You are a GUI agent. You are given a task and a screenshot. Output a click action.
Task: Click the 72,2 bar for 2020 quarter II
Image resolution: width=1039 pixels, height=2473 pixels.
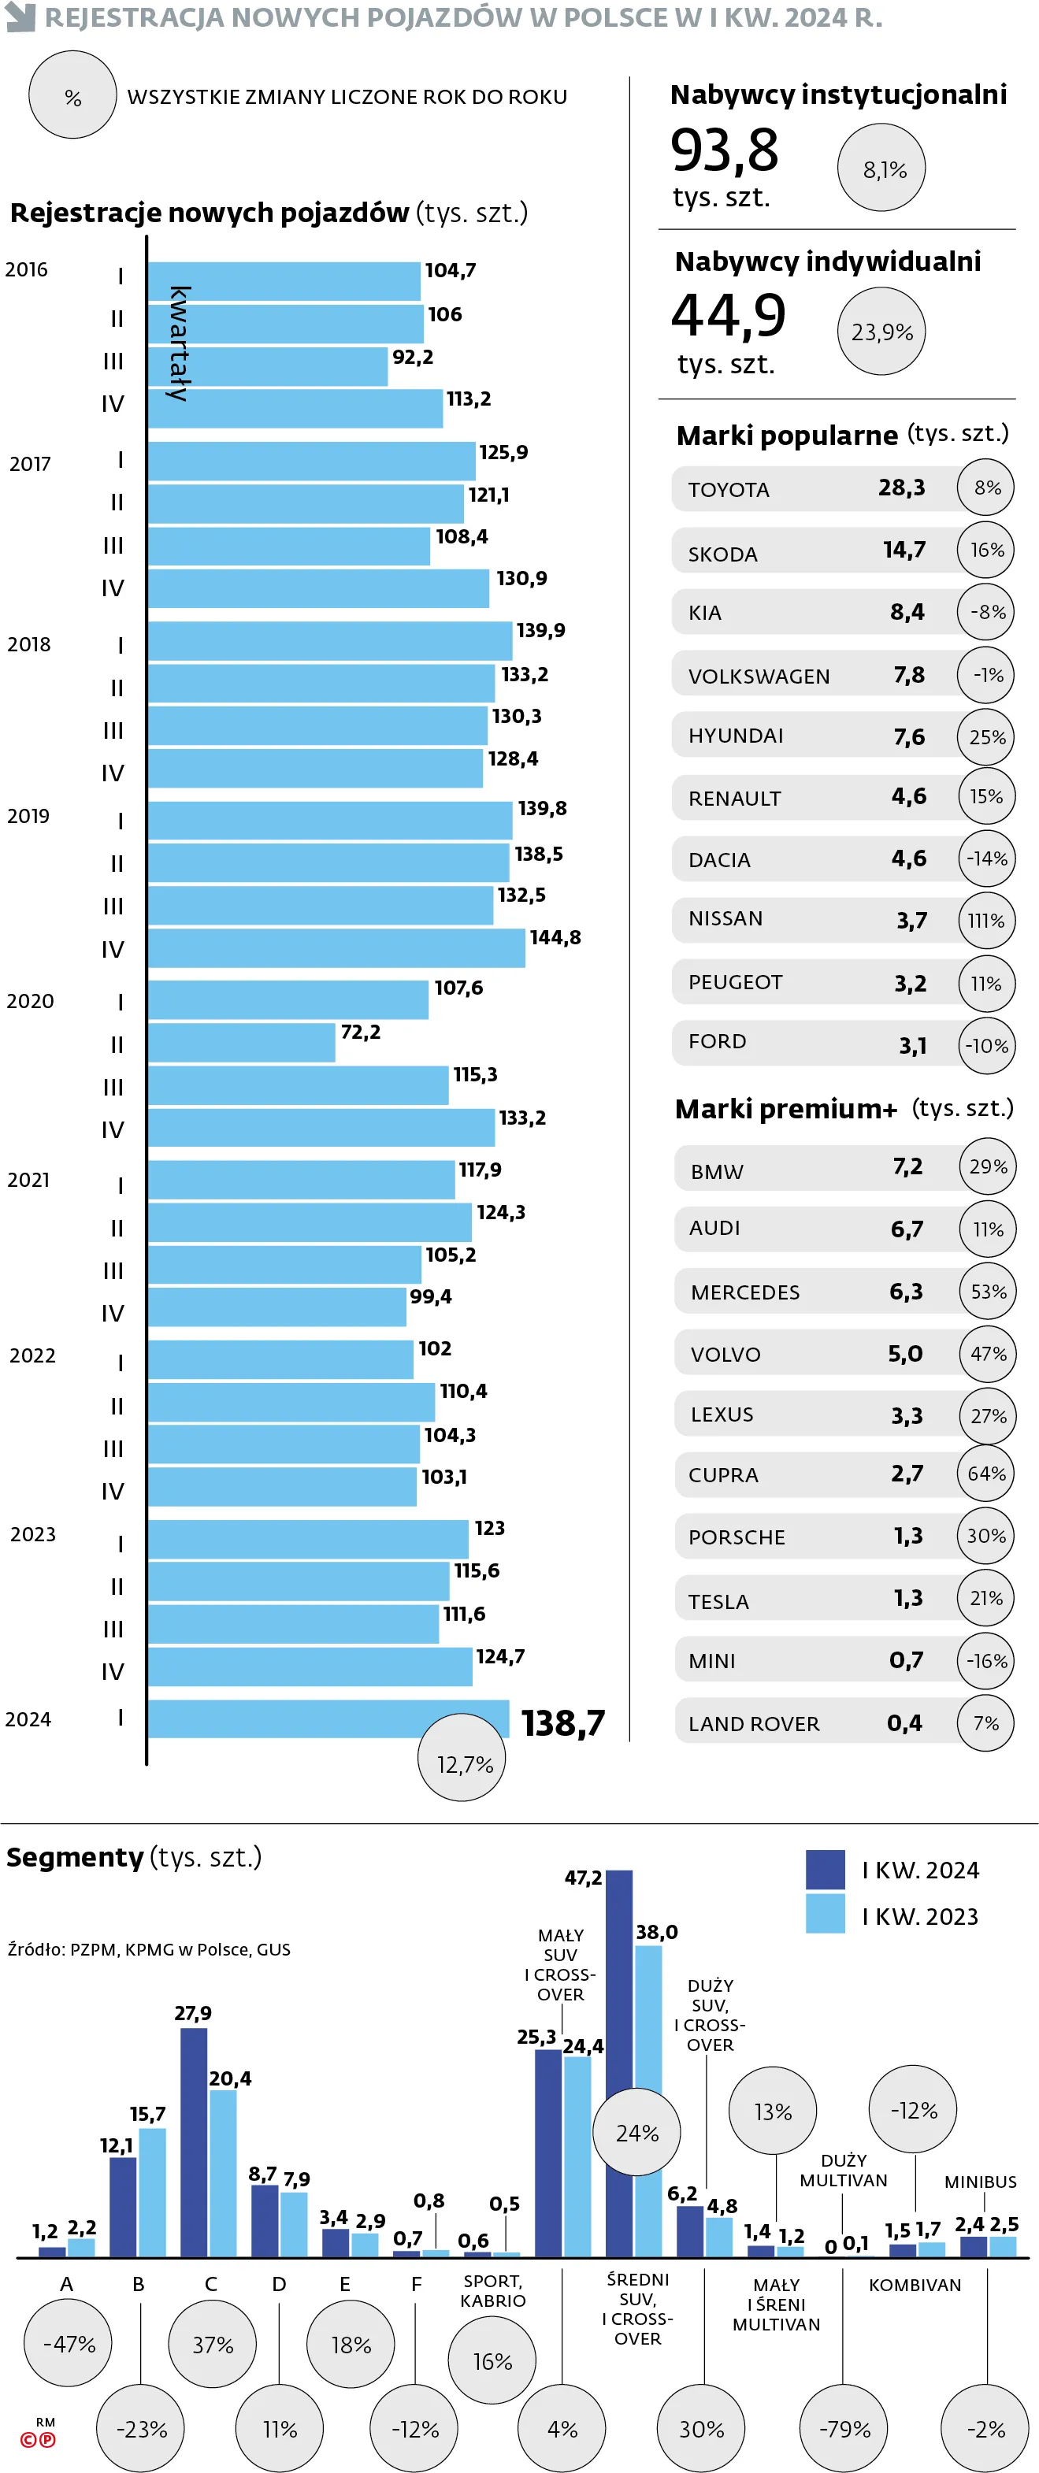point(241,1043)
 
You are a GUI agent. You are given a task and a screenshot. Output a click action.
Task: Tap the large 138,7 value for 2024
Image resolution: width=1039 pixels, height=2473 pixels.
point(562,1723)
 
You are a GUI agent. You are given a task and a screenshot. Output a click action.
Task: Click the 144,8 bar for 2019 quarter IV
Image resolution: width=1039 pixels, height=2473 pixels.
point(336,948)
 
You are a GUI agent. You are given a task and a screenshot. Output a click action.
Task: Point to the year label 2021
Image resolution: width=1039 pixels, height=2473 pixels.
point(29,1180)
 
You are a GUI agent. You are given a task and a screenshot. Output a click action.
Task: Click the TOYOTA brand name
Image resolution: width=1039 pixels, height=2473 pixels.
point(728,490)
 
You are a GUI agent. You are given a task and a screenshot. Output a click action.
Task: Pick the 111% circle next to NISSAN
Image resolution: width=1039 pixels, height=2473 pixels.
point(986,921)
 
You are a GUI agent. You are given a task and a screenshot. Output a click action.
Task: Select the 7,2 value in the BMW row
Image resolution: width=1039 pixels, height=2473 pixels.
point(907,1166)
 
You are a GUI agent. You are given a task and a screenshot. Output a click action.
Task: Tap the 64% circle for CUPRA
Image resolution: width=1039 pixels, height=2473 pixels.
point(986,1474)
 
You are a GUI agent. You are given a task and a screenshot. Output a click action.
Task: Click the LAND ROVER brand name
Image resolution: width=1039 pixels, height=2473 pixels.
point(754,1724)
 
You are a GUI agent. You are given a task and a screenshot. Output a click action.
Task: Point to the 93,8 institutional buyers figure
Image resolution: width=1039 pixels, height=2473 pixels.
point(724,150)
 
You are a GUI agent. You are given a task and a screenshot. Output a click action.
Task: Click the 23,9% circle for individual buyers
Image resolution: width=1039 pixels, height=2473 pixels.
point(881,332)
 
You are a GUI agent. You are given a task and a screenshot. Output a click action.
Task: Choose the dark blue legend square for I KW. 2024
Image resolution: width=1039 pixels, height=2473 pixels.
point(825,1869)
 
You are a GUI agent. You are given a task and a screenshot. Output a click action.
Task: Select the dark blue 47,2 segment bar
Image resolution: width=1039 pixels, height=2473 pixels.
point(619,2064)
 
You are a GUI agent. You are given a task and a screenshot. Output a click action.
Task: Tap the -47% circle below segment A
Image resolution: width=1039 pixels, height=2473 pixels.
point(69,2343)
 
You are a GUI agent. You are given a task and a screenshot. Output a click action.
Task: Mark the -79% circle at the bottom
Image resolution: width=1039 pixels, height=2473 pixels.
point(844,2428)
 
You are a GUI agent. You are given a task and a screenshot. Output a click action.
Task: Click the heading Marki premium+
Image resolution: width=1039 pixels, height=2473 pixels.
point(785,1109)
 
